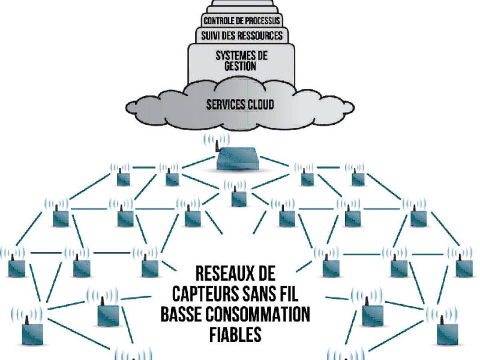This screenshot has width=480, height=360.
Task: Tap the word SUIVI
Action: (x=212, y=36)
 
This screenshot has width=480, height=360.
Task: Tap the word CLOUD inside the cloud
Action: (x=260, y=104)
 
